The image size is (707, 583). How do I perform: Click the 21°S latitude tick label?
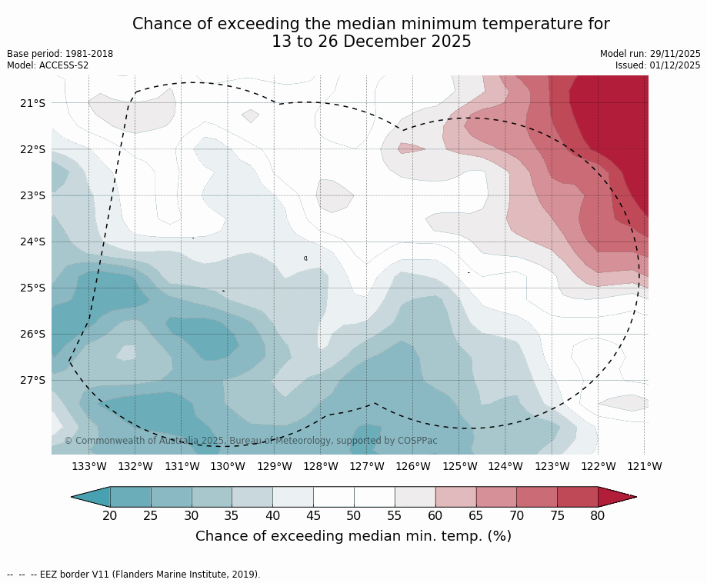(x=32, y=103)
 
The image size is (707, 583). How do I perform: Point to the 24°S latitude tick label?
(x=32, y=242)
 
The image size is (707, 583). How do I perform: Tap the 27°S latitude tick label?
(x=32, y=380)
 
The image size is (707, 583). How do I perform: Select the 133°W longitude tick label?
(x=89, y=466)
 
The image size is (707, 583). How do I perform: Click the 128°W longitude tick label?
(x=321, y=466)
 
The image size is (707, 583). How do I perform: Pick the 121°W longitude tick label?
(x=645, y=466)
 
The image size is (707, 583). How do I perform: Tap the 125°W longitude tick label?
(x=459, y=466)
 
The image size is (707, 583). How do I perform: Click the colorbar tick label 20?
(x=110, y=515)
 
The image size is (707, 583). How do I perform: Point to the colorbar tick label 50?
(x=354, y=515)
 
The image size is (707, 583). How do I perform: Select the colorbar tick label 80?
(x=598, y=515)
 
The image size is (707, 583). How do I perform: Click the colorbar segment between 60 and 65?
(x=455, y=497)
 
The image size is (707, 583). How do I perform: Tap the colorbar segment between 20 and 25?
(x=130, y=497)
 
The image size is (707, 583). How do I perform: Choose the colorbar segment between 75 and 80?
(x=578, y=497)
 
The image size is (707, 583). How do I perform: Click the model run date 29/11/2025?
(x=675, y=54)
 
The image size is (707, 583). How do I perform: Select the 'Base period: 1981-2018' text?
(x=60, y=54)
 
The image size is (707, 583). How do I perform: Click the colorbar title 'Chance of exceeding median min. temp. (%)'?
(x=353, y=536)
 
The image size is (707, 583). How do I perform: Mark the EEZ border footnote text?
(x=134, y=575)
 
